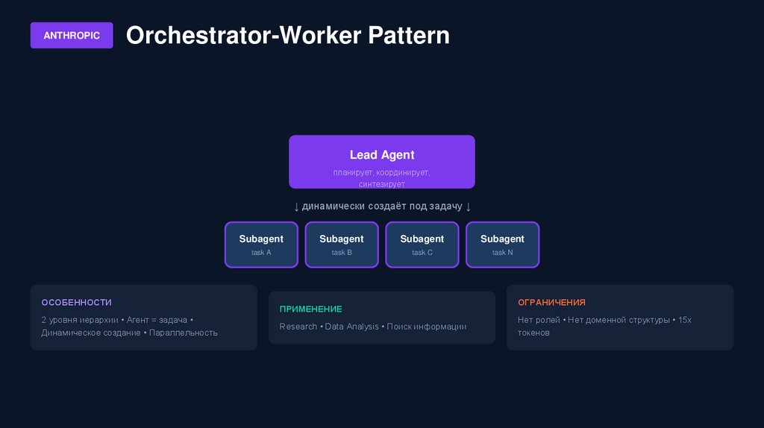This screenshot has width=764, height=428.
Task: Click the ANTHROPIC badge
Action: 72,35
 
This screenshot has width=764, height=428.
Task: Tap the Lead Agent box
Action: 381,161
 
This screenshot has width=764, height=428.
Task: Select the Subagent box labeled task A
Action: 261,245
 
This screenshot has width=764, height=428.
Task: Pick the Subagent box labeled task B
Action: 342,245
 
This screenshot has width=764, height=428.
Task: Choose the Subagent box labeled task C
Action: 422,245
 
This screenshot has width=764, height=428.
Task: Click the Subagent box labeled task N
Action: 502,245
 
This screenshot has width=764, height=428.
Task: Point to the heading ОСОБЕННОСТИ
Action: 76,302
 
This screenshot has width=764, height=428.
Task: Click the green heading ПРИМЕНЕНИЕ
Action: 310,309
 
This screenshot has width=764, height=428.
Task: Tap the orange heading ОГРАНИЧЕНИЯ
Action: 551,302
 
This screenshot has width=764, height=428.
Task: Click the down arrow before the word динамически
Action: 296,206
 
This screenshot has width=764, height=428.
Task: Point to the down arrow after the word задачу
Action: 468,206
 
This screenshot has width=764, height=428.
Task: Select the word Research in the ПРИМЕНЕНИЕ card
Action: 298,327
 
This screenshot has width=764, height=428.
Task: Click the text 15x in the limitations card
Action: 685,320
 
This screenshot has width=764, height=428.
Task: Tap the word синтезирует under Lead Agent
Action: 381,183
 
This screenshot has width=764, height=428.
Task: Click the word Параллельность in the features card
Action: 184,333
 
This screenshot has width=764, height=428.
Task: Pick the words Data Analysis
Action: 351,327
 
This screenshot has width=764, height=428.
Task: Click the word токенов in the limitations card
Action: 533,333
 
